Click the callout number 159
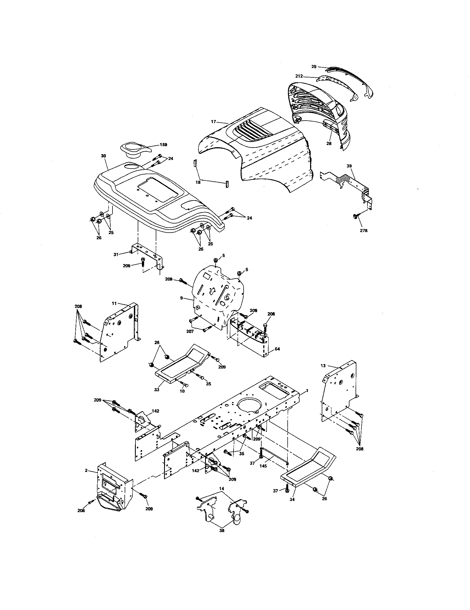point(163,145)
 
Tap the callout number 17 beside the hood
point(213,121)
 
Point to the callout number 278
point(364,230)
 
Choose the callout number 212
point(299,76)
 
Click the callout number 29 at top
point(314,67)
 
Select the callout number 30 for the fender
point(104,156)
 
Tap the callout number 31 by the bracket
point(116,254)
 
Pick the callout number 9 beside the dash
point(182,298)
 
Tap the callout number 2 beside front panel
point(86,470)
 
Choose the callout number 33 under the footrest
point(157,389)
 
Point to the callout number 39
point(349,166)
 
